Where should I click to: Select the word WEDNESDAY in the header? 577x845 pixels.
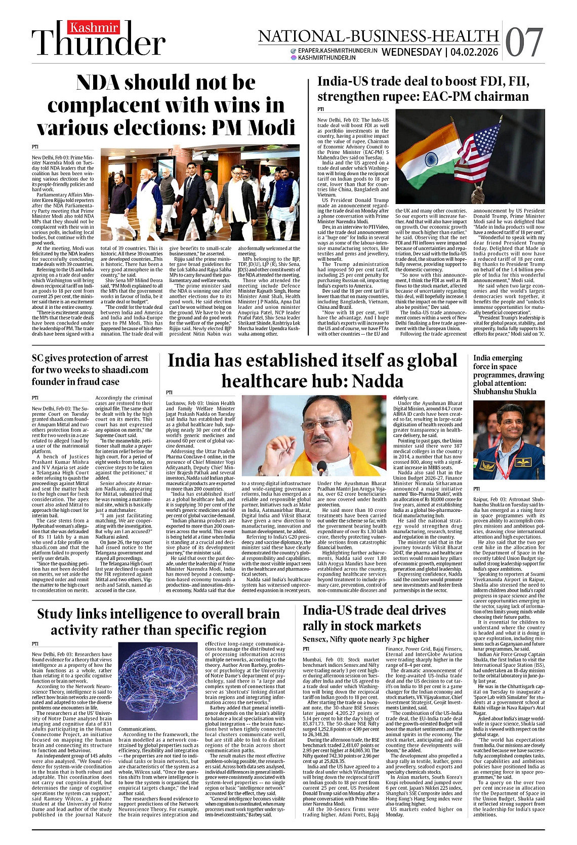pyautogui.click(x=411, y=52)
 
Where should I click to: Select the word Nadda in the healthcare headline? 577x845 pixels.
pyautogui.click(x=378, y=381)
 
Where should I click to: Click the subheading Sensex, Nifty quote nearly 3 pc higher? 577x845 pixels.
pyautogui.click(x=365, y=639)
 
